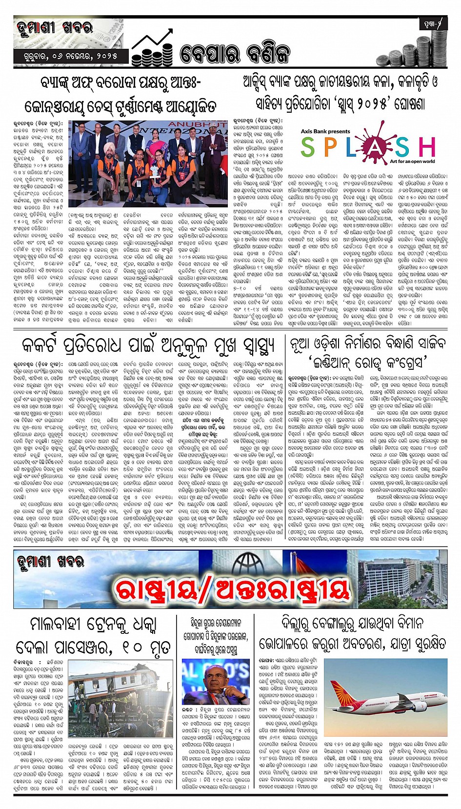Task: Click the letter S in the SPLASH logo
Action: click(x=308, y=147)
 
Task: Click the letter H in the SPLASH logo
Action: click(x=427, y=147)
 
